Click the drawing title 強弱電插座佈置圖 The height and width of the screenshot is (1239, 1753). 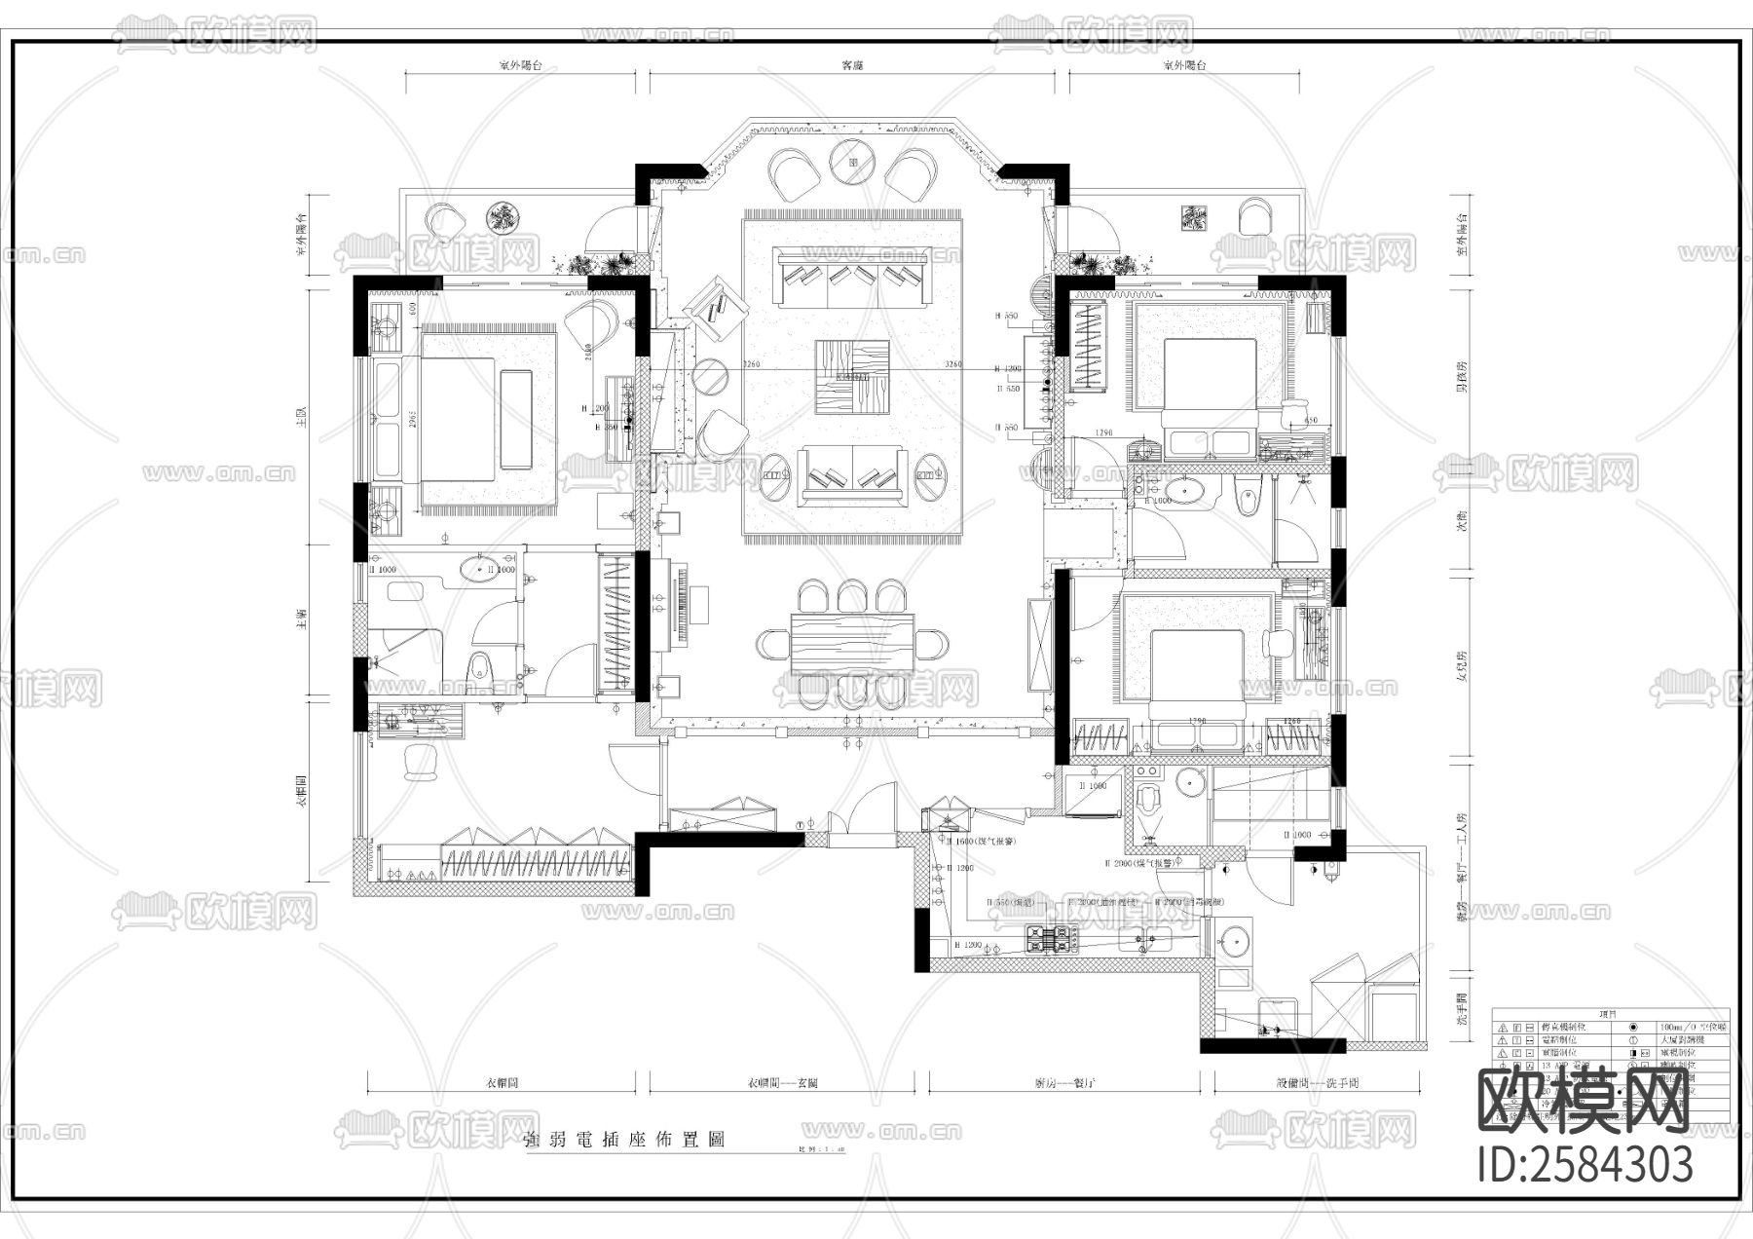pos(623,1140)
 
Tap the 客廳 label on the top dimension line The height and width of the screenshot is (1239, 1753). pos(852,66)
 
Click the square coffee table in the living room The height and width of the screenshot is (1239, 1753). pos(853,377)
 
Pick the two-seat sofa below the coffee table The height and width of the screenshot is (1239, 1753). pos(853,475)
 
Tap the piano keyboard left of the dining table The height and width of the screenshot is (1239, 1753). pos(678,605)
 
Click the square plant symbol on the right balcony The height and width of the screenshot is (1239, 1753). pos(1194,218)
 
